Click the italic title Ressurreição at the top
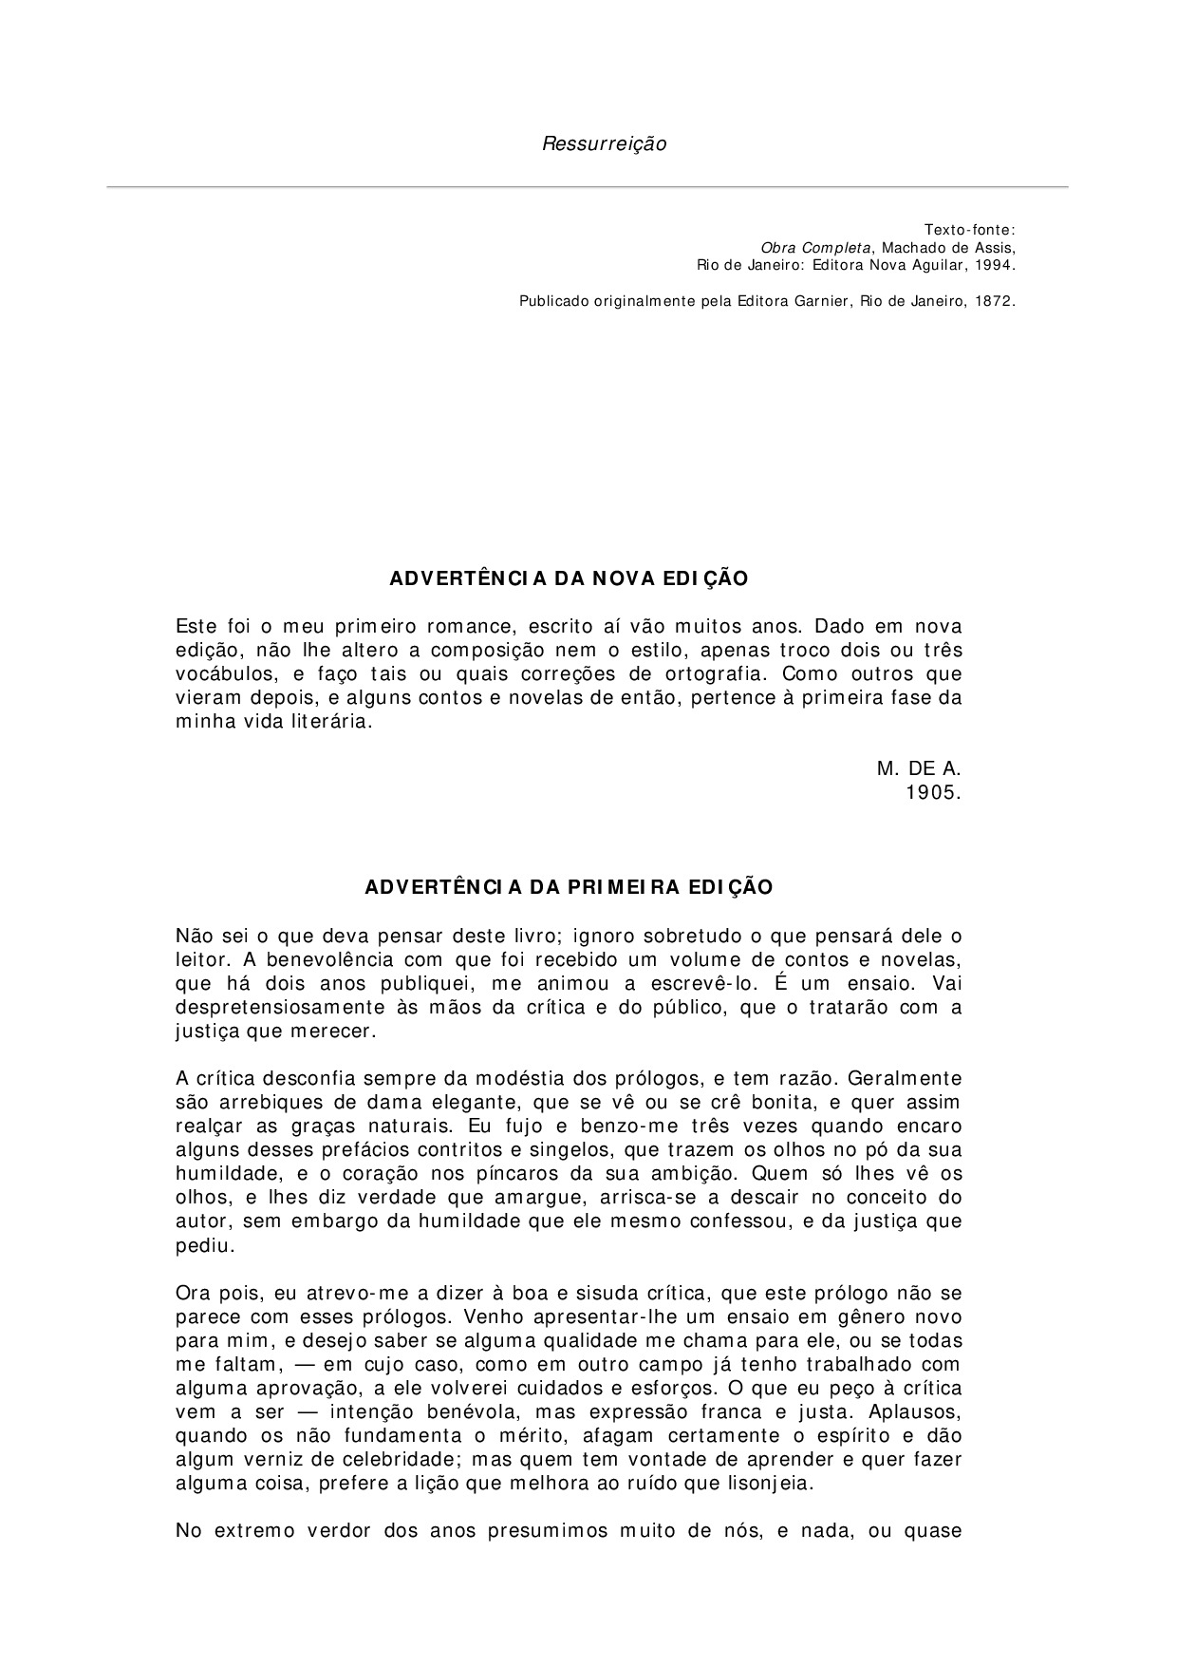tap(604, 144)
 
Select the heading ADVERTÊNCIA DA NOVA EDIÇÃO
tap(570, 578)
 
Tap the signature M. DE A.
tap(919, 768)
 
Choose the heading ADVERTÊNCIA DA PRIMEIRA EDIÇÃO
tap(570, 887)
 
